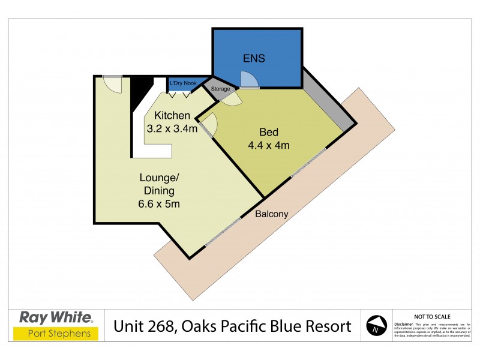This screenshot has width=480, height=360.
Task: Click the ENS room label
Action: click(254, 59)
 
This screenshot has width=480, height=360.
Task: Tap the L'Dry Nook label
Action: click(184, 83)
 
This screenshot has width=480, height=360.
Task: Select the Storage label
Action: click(220, 89)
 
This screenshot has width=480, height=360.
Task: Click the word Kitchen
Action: click(172, 115)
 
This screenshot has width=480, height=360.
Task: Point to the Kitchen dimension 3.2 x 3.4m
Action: click(172, 128)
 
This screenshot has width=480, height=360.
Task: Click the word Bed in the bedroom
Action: click(269, 133)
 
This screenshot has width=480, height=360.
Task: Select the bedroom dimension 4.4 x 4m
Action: click(269, 145)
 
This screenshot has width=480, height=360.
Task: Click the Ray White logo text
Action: click(56, 317)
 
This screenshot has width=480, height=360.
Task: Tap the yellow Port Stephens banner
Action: click(56, 334)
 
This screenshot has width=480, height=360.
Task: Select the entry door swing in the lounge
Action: click(112, 85)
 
